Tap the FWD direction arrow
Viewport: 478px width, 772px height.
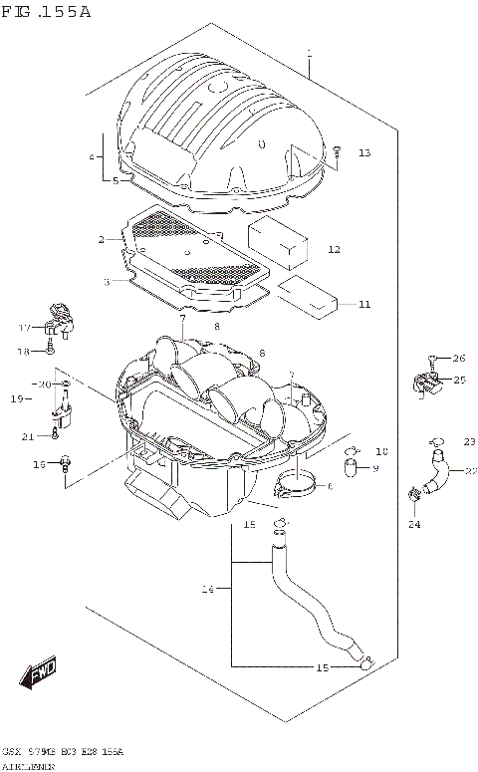click(40, 674)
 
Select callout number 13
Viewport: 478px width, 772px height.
click(364, 152)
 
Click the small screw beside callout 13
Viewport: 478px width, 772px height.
click(337, 152)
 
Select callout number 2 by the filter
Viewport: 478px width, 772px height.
click(102, 239)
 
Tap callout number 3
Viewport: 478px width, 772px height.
click(106, 282)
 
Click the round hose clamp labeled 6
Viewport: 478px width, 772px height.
click(295, 487)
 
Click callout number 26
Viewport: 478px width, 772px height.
click(459, 358)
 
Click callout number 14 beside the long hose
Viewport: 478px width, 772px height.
click(208, 590)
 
